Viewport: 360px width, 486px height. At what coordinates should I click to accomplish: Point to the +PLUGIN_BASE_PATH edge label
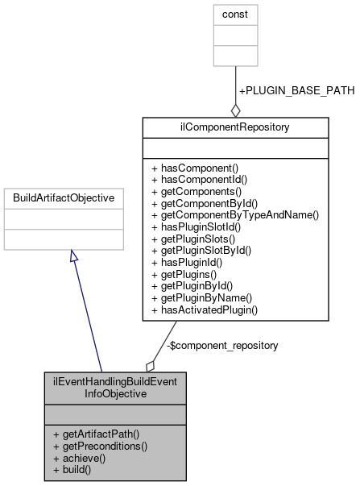click(x=296, y=90)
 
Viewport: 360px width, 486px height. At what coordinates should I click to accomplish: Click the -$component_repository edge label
click(x=222, y=345)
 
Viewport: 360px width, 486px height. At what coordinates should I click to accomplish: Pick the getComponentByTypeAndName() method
click(x=234, y=215)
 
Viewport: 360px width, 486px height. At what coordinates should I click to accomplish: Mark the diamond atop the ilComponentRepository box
click(x=235, y=110)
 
